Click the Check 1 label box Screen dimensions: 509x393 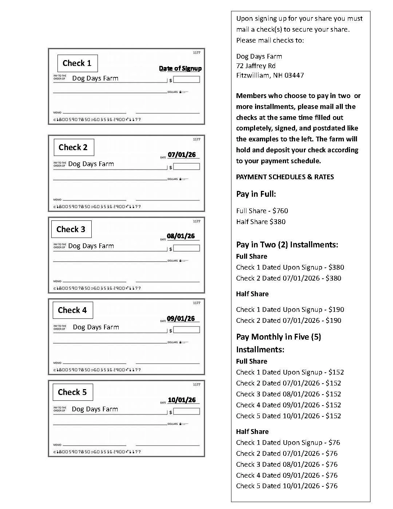[78, 63]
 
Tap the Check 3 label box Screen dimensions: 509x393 [71, 229]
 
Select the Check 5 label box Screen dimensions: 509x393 [72, 392]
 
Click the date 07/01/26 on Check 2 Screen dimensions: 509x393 [182, 154]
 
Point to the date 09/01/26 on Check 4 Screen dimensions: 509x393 [181, 318]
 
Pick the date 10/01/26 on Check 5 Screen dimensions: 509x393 [182, 400]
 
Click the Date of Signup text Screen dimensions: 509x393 [180, 68]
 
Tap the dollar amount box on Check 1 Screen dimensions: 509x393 [187, 79]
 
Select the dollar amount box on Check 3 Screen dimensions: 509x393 [187, 248]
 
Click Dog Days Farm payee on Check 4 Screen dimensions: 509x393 [96, 327]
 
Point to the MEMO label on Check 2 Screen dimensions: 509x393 [57, 200]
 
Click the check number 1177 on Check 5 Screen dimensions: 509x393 [196, 384]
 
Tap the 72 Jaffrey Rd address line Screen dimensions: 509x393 [256, 66]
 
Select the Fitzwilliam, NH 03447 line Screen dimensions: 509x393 [270, 75]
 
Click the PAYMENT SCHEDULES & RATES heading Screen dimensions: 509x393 [285, 177]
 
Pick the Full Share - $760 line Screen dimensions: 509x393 [262, 211]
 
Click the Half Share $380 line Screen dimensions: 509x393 [261, 222]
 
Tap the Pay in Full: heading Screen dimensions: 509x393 [256, 194]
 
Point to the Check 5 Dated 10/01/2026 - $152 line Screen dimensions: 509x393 [289, 416]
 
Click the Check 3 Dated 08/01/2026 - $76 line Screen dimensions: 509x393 [287, 464]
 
